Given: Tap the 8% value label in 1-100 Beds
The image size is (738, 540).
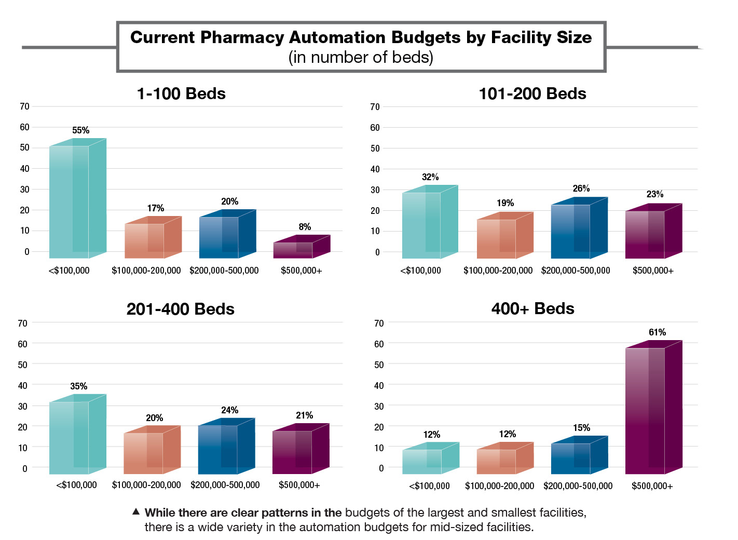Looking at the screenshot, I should click(305, 227).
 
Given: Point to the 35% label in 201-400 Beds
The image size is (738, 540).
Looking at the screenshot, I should click(79, 386).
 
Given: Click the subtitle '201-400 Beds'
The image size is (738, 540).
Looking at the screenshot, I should click(180, 309).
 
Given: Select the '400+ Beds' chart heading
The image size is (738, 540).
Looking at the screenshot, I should click(532, 309).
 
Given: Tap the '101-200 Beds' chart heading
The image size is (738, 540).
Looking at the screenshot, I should click(532, 94).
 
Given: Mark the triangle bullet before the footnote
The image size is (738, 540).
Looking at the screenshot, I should click(136, 512).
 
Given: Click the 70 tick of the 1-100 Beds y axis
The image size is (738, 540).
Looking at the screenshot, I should click(24, 106).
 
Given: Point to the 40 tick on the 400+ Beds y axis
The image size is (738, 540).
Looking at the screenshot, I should click(379, 385).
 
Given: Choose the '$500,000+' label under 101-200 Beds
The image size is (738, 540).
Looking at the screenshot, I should click(653, 271).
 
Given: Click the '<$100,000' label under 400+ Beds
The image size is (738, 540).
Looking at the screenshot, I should click(429, 486).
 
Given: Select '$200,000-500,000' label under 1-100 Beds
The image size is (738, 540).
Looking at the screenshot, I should click(224, 271).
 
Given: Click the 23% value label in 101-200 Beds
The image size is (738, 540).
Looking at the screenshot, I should click(655, 194).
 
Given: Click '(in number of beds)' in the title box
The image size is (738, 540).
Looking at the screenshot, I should click(361, 57).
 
